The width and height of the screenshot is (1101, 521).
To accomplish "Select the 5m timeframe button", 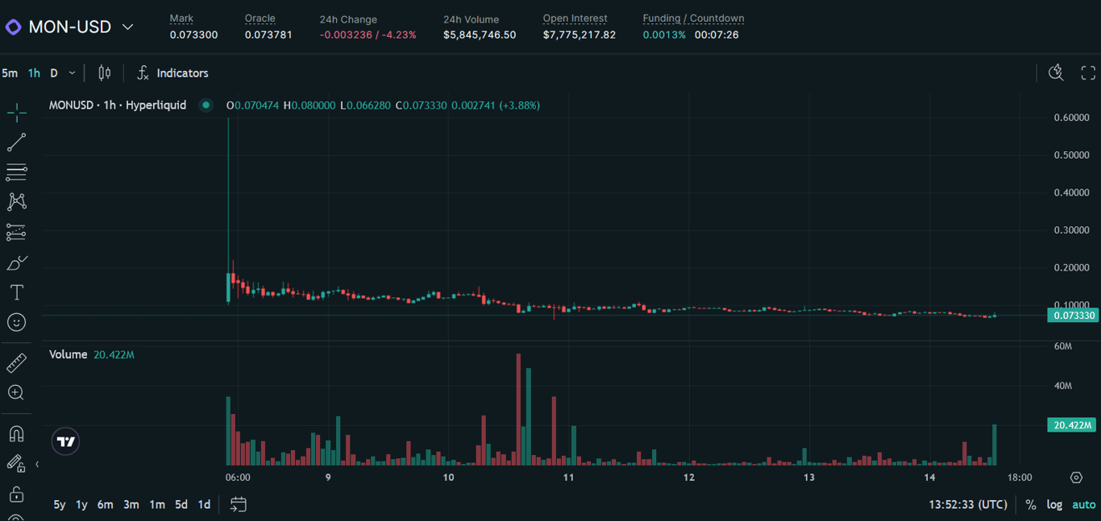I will click(x=10, y=73).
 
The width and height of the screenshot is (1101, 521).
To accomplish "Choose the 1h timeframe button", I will click(x=34, y=73).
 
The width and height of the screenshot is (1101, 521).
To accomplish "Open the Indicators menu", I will click(x=172, y=73).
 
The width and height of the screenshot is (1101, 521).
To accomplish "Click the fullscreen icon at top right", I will click(x=1088, y=73).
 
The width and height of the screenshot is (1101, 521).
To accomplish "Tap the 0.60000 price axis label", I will click(x=1071, y=118).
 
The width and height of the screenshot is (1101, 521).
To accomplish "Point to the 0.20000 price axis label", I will click(x=1071, y=267).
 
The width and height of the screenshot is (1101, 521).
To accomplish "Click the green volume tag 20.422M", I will click(x=1071, y=424).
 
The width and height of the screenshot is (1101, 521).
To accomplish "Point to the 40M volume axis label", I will click(x=1063, y=386).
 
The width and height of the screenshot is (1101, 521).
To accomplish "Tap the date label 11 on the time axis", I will click(x=568, y=478).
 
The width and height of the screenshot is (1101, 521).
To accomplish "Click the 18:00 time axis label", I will click(x=1020, y=478).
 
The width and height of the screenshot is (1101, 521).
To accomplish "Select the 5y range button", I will click(x=59, y=505).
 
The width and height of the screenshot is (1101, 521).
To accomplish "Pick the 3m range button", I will click(x=131, y=505).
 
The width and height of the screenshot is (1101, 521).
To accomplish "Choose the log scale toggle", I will click(x=1054, y=505).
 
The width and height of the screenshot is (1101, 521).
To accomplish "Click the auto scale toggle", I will click(x=1083, y=505).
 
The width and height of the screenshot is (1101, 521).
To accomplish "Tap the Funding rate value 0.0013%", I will click(x=664, y=35).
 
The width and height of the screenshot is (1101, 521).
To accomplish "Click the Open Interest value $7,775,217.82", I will click(x=579, y=35).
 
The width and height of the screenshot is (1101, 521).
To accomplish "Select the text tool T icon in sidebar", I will click(x=16, y=292).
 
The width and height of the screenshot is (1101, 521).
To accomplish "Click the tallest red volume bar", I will click(x=518, y=411).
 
